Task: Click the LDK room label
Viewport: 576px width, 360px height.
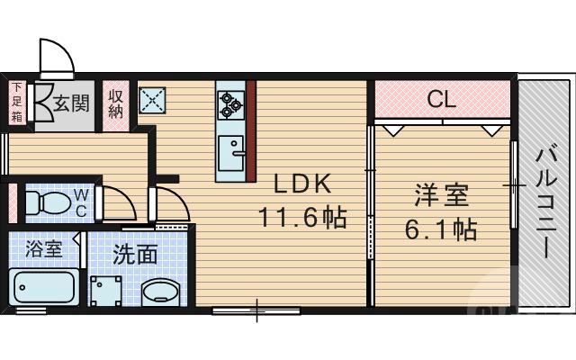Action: point(303,184)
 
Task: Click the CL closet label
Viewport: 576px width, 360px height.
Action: point(441,98)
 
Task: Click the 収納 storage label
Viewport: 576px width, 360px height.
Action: point(116,103)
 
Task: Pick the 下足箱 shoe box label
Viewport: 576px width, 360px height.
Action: point(16,102)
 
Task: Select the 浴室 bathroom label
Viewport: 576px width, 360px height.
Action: point(43,247)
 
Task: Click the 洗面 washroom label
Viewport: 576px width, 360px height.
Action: point(135,254)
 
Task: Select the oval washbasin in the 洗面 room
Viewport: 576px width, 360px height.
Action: point(163,292)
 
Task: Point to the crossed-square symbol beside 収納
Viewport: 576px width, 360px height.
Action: point(152,99)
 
